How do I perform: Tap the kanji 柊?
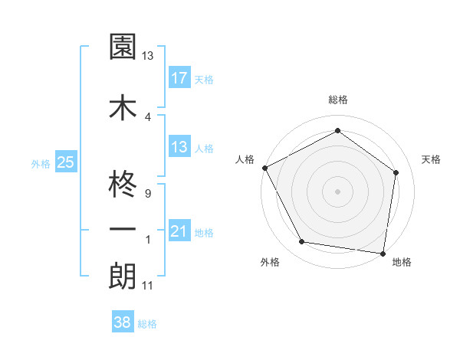tap(122, 184)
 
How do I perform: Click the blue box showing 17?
tap(179, 78)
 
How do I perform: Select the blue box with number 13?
tap(179, 148)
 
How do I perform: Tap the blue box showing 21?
tap(179, 231)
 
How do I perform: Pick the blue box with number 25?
tap(65, 162)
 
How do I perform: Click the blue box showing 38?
tap(122, 323)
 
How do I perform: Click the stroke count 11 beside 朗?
tap(147, 286)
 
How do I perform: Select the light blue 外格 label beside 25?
tap(41, 163)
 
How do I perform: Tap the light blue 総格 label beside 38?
tap(147, 324)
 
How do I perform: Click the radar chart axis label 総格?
tap(338, 100)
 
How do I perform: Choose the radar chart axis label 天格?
tap(431, 159)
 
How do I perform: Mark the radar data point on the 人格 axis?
tap(264, 167)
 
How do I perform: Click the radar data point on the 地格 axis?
tap(383, 253)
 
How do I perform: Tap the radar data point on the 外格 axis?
tap(302, 242)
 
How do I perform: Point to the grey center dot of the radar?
tap(338, 191)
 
